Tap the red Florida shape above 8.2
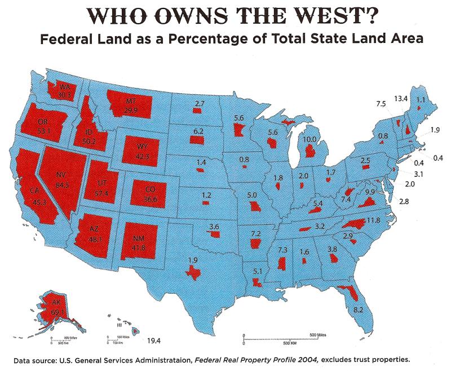(x=350, y=293)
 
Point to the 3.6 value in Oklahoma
(x=214, y=227)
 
